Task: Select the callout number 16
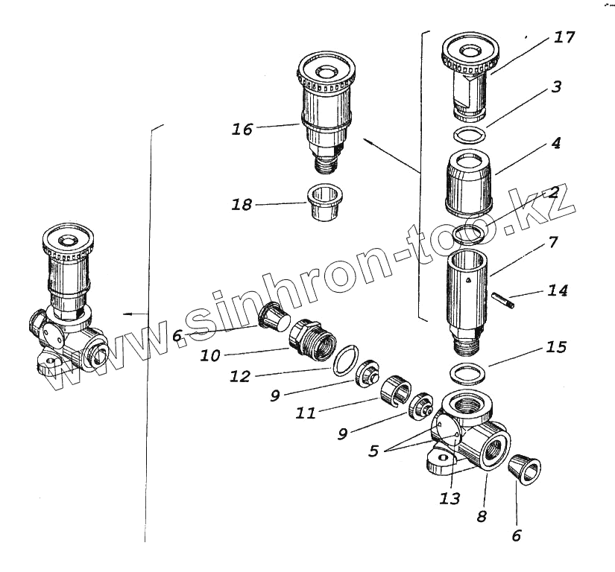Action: (x=242, y=129)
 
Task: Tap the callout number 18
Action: (x=242, y=205)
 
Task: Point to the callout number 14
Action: (x=557, y=290)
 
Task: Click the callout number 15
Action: (x=555, y=347)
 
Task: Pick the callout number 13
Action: (x=451, y=498)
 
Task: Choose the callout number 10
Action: (x=210, y=355)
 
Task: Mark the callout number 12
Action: (x=242, y=378)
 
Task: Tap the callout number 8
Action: (x=482, y=515)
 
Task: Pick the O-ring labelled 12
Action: (x=345, y=360)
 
